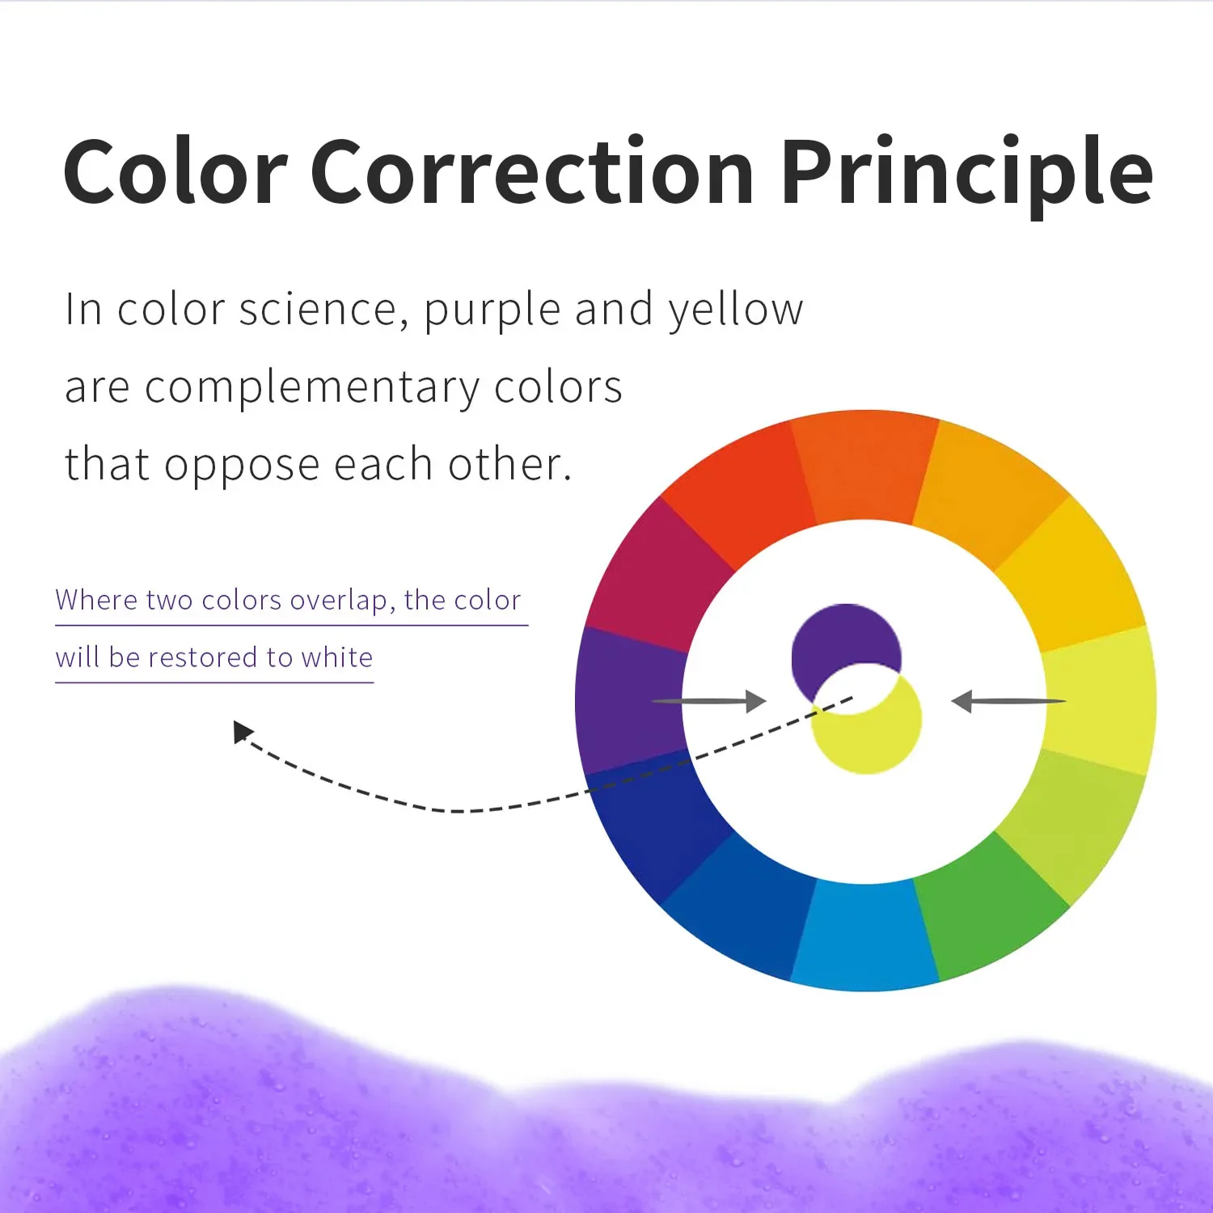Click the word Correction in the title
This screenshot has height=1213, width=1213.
532,171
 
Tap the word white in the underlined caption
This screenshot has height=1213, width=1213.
337,657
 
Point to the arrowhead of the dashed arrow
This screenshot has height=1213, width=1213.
242,732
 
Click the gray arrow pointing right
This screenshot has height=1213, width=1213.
708,700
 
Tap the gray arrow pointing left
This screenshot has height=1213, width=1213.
1008,701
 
